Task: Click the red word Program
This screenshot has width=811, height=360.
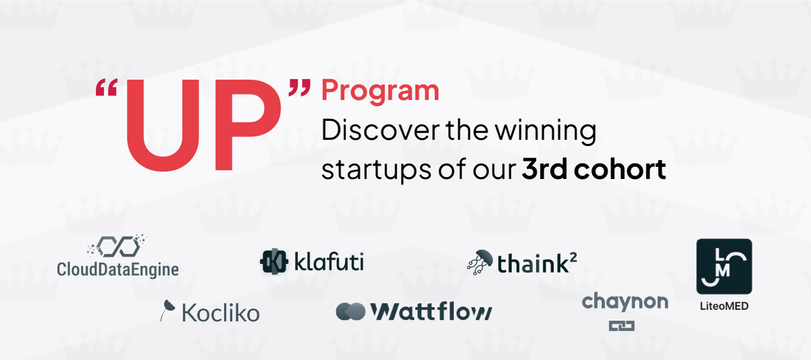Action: coord(380,91)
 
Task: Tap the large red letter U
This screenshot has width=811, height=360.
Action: coord(163,125)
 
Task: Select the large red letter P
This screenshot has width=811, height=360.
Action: coord(248,125)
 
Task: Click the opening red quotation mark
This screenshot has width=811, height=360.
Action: coord(107,87)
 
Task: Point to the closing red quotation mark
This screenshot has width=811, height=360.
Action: coord(299,88)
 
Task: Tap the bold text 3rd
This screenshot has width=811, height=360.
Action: coord(545,169)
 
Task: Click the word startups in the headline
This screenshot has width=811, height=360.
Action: coord(376,170)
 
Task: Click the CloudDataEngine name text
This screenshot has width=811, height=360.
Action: coord(118,269)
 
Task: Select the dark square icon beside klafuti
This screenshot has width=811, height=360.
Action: coord(274,261)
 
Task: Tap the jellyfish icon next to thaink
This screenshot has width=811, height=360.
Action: coord(480,262)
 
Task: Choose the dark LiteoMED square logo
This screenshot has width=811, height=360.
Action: coord(724,266)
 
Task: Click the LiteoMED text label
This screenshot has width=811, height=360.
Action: coord(724,307)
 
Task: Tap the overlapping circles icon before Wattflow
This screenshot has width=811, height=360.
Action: coord(351,311)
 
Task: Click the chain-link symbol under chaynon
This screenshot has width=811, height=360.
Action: coord(622,326)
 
